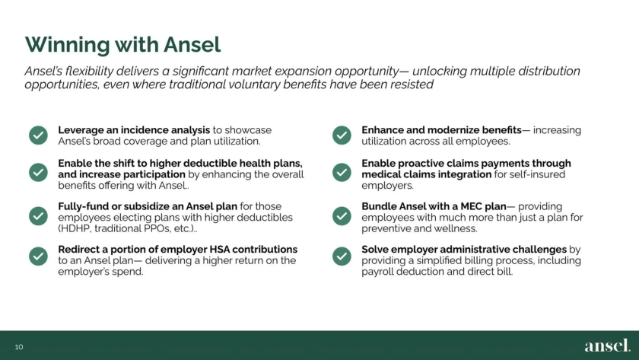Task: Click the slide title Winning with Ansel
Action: [x=122, y=44]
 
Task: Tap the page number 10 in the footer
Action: [x=19, y=347]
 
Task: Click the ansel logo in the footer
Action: [x=607, y=346]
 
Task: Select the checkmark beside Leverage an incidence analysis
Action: [x=38, y=135]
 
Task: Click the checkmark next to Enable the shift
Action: [x=38, y=173]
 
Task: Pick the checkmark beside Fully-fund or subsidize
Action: [x=38, y=216]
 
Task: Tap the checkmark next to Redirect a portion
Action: [x=38, y=256]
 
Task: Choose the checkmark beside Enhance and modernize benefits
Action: [x=342, y=135]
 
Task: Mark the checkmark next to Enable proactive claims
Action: [x=342, y=173]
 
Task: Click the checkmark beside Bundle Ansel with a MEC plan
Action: [x=342, y=216]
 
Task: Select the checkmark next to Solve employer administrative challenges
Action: [x=342, y=256]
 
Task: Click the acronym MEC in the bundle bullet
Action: [x=472, y=206]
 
